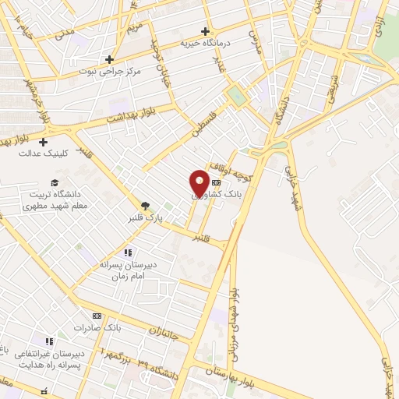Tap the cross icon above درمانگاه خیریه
[205, 32]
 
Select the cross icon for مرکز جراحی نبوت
[110, 59]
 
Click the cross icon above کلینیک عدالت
[43, 142]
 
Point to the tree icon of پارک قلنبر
[145, 206]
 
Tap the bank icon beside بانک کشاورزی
[216, 182]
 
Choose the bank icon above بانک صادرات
[97, 316]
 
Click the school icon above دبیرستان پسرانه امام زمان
[129, 252]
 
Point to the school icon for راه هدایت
[50, 341]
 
